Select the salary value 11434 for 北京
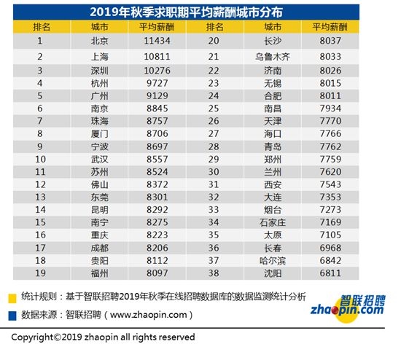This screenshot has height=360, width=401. point(154,41)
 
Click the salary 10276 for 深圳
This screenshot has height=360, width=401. point(154,70)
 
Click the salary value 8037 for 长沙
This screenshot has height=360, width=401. point(330,41)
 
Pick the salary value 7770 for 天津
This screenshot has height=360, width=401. point(330,117)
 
